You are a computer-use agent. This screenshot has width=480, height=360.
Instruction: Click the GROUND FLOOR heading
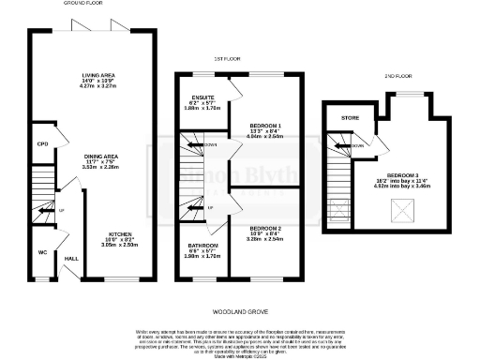click(x=82, y=5)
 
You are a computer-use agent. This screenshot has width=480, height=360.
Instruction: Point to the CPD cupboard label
click(x=42, y=144)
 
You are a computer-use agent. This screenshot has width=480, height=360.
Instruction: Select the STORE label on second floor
click(x=351, y=118)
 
